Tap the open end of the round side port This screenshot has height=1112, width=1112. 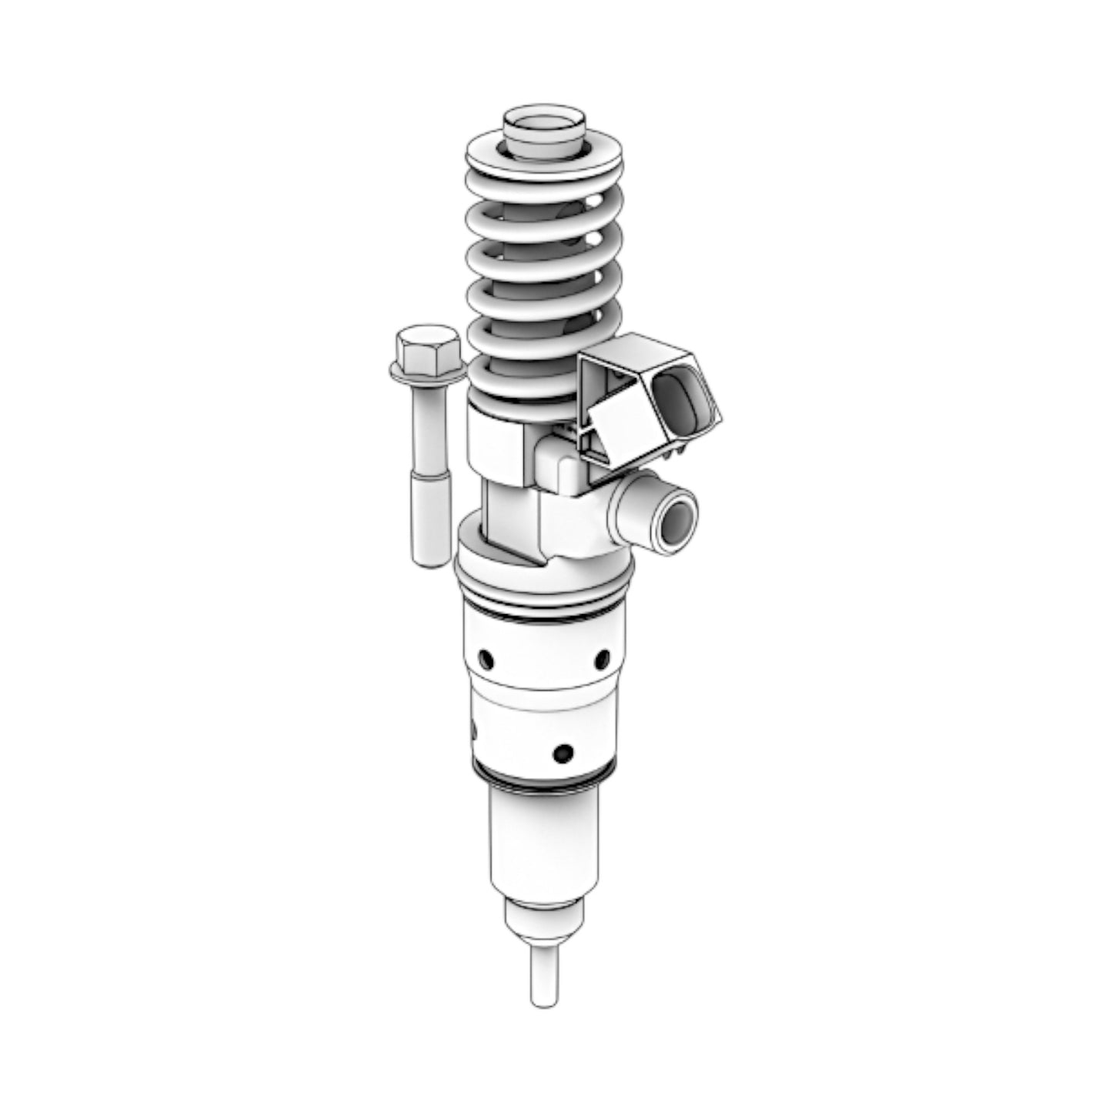tap(676, 525)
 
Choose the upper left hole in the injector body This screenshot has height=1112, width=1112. tap(486, 659)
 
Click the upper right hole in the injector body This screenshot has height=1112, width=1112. tap(603, 659)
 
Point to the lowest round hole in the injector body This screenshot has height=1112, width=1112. tap(563, 751)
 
